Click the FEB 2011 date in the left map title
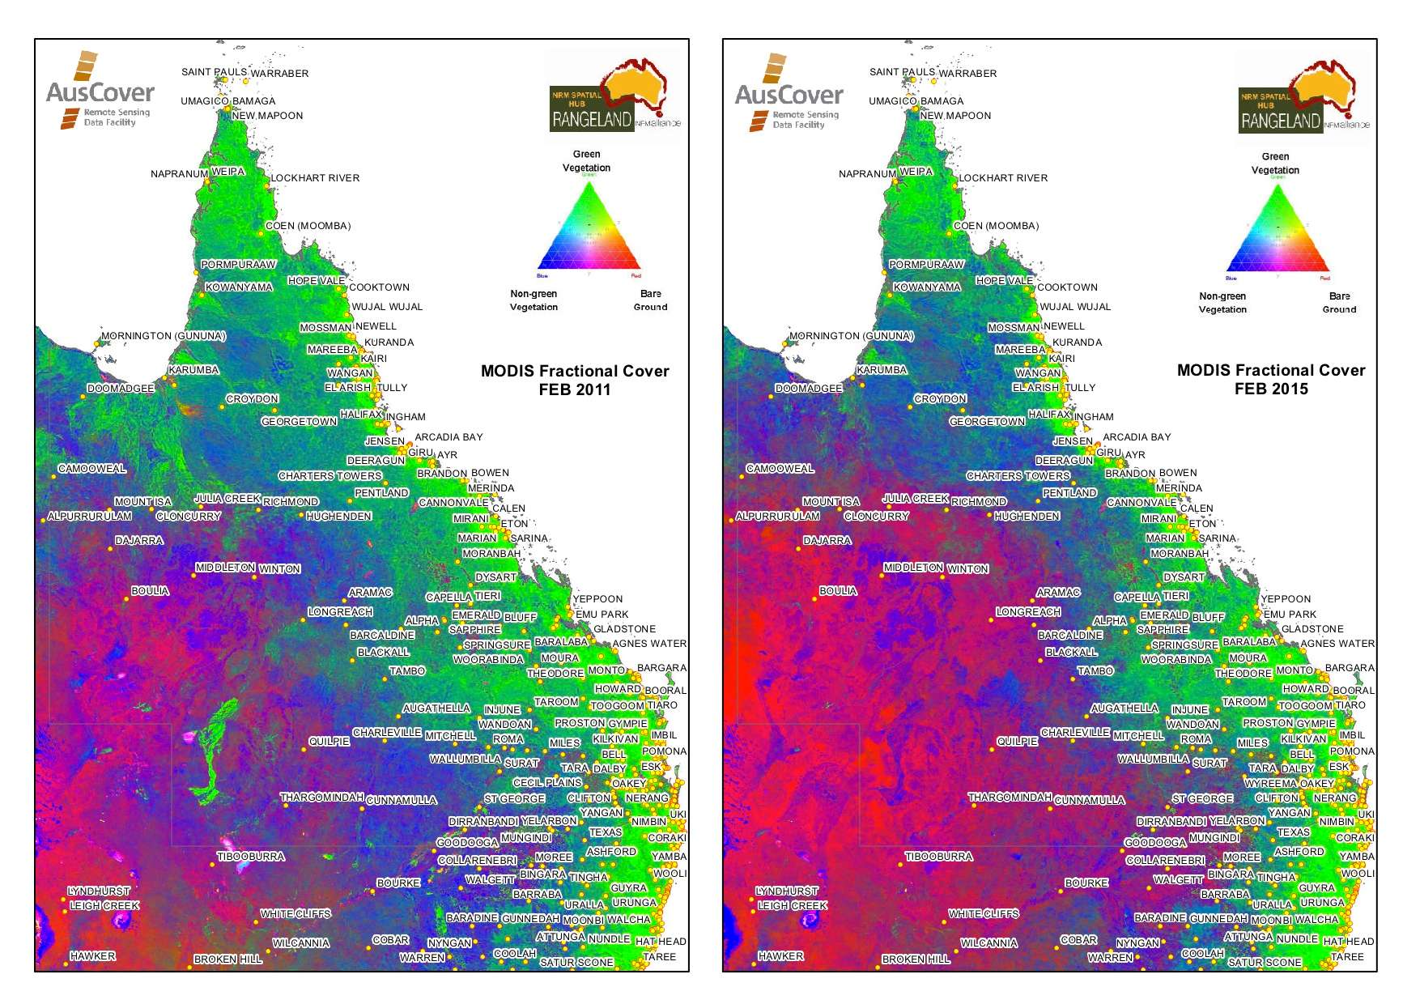574,389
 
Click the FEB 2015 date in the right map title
1271,389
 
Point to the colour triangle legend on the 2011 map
589,227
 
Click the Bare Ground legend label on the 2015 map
1339,303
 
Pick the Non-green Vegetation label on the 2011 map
534,300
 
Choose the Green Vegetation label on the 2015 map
1275,164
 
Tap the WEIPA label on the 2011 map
227,172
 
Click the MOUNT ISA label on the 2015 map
831,502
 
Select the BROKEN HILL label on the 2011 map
227,959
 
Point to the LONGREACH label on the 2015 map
1028,612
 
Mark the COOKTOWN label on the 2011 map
379,287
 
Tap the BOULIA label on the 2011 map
150,591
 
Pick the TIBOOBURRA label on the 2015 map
938,857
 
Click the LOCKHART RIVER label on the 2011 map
315,178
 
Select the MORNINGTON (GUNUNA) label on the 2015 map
851,336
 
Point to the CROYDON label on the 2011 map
252,399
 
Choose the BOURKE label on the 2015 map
1086,883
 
